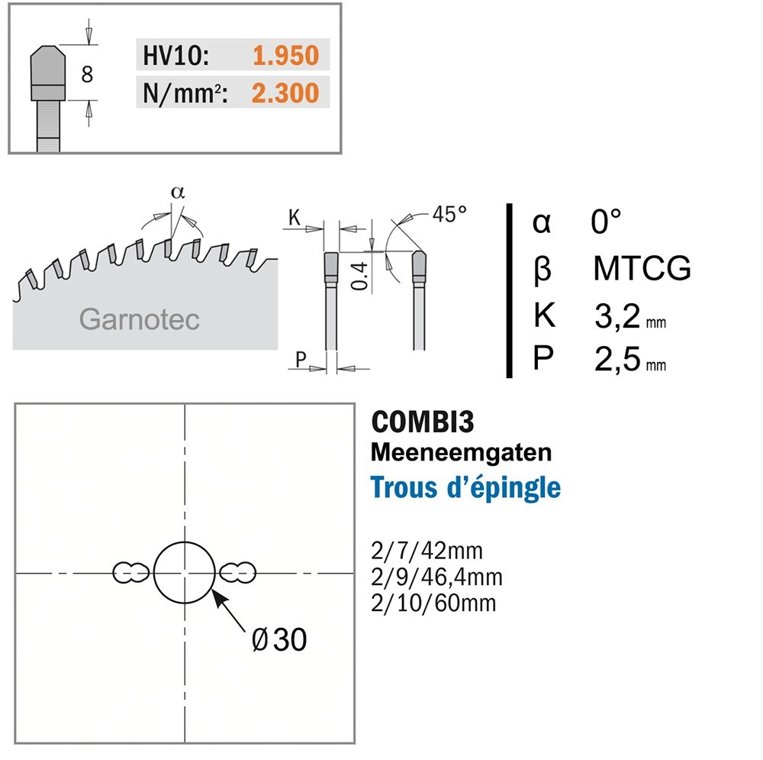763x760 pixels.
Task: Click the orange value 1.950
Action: (285, 55)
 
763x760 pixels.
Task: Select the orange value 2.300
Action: (285, 92)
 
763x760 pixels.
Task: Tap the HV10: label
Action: (175, 55)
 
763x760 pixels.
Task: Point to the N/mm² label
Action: (185, 93)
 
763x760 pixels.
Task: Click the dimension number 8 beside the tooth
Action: (87, 74)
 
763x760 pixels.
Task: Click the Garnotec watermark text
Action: (139, 319)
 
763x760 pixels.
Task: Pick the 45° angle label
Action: (449, 214)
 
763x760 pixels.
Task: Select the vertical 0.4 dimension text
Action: (359, 276)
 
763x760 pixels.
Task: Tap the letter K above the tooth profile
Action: (295, 218)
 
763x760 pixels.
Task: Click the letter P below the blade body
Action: (301, 360)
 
